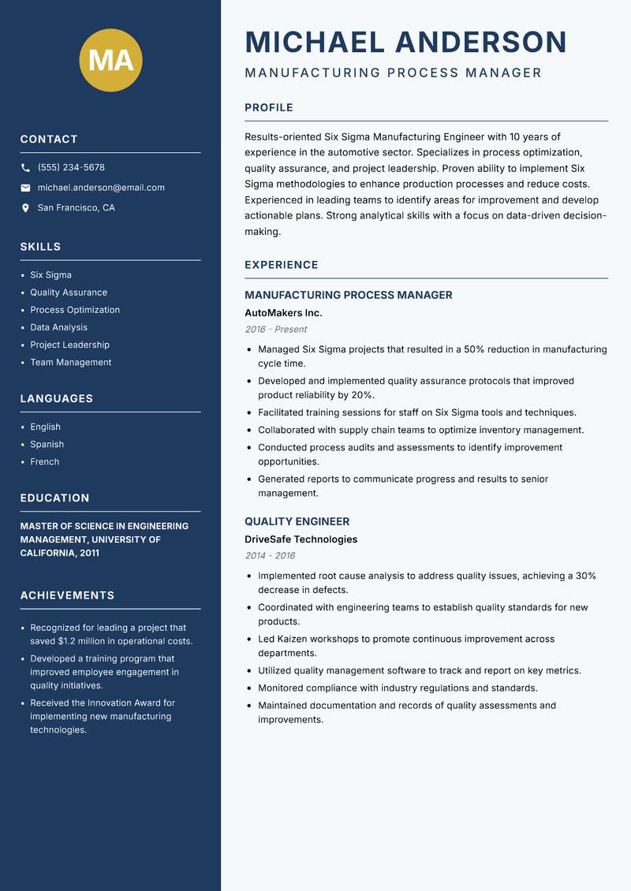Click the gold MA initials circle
[x=111, y=60]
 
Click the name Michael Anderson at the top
[x=405, y=42]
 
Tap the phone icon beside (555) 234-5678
[x=25, y=168]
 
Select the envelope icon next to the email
[x=25, y=188]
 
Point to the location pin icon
[x=25, y=208]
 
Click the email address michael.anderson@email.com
[x=101, y=188]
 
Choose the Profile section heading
[x=269, y=108]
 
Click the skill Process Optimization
[x=75, y=310]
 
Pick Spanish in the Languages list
[x=47, y=444]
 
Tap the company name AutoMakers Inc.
[x=283, y=313]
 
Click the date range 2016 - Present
[x=275, y=330]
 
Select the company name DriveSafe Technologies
[x=301, y=539]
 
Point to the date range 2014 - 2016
[x=270, y=556]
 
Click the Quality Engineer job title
[x=297, y=521]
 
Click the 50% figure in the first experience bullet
[x=475, y=349]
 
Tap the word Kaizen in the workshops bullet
[x=293, y=639]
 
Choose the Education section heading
[x=54, y=498]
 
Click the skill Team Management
[x=71, y=362]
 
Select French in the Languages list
[x=45, y=461]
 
